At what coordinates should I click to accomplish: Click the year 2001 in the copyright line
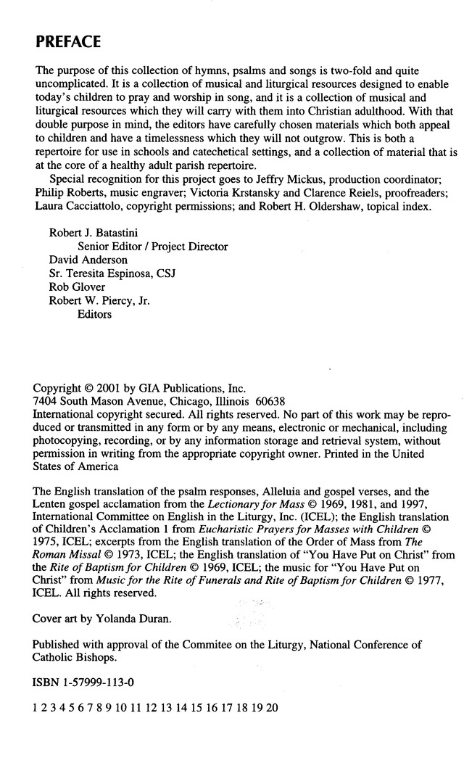coord(106,388)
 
